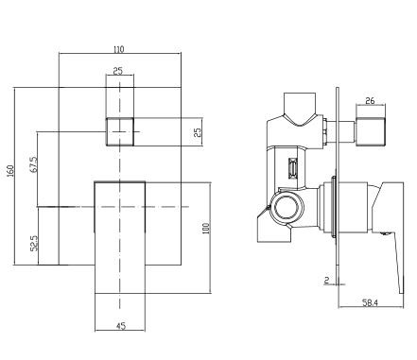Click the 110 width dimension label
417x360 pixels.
[119, 49]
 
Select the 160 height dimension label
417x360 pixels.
[10, 170]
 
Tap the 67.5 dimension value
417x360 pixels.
[34, 164]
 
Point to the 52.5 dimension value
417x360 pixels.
[34, 243]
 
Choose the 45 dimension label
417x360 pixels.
[121, 325]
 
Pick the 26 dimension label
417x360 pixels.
[370, 101]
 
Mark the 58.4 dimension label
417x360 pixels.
[370, 303]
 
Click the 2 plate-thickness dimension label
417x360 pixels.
[326, 280]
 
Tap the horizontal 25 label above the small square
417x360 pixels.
[117, 71]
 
